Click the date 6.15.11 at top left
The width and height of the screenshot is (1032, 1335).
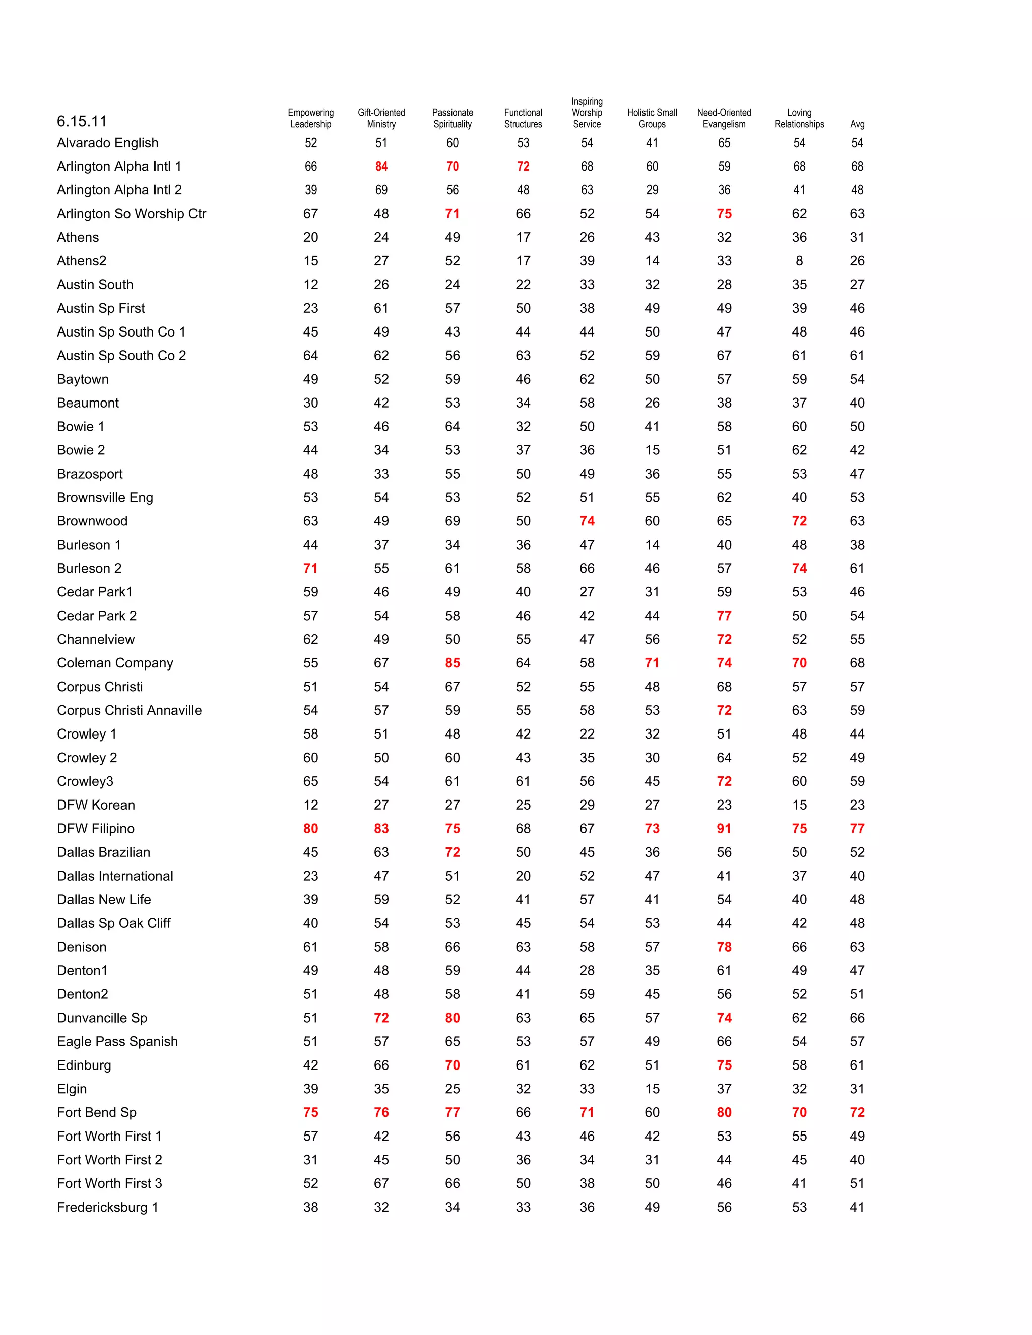pos(81,121)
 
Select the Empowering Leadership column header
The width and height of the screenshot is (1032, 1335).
pos(310,118)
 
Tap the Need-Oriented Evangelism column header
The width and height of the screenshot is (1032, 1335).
pos(724,118)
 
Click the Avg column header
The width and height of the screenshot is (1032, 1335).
pos(857,124)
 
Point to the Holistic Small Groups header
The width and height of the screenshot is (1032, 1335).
pos(652,118)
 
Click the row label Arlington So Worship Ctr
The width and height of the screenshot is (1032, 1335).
pos(132,213)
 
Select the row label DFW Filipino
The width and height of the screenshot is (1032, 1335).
pos(95,828)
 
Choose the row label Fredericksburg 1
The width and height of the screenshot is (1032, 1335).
pos(108,1207)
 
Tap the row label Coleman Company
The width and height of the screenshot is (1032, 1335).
pos(115,662)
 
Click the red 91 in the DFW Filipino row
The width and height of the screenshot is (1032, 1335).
pos(724,828)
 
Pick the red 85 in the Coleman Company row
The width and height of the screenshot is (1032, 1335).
pos(453,662)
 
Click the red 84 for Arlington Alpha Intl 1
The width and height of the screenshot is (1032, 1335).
pos(381,166)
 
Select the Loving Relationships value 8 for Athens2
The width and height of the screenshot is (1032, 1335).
pos(799,261)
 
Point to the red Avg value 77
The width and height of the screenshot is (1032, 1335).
pos(857,828)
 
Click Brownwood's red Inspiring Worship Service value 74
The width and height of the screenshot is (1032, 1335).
pos(587,521)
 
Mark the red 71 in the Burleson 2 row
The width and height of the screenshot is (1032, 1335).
pos(310,568)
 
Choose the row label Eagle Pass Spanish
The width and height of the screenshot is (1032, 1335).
pos(117,1041)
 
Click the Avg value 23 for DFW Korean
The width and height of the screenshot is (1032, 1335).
pos(857,805)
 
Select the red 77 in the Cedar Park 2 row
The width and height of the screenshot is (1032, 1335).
pos(724,616)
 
